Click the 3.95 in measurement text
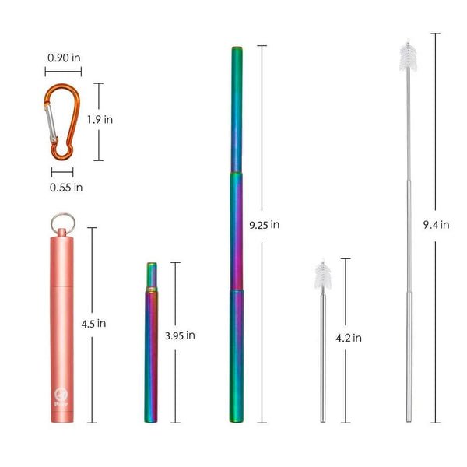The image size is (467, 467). (180, 335)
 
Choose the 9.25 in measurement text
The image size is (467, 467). (265, 225)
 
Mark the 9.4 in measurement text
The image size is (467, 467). (436, 225)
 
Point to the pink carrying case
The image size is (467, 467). (60, 327)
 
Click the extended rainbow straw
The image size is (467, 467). (236, 233)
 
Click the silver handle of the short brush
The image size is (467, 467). (323, 358)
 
